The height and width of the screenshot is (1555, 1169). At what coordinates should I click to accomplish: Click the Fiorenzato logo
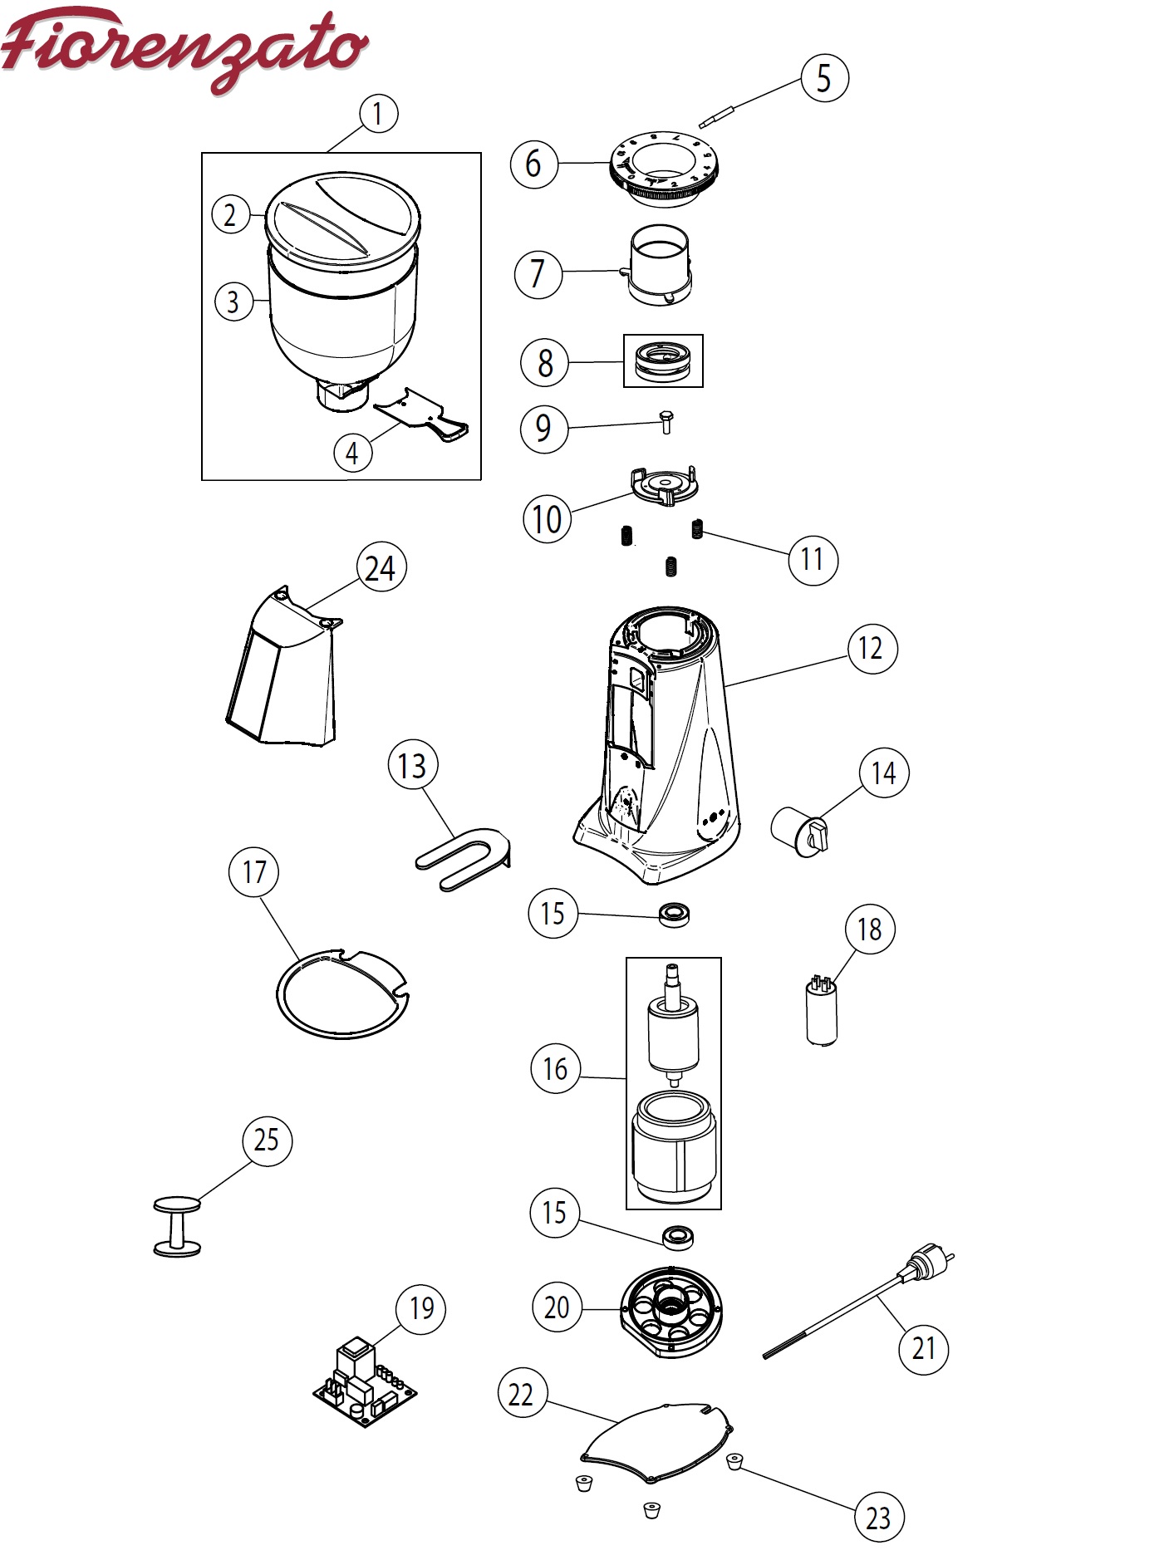(184, 48)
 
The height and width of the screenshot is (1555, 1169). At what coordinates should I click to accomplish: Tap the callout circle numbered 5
(823, 78)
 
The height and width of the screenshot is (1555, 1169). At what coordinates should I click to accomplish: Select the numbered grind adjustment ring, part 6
(661, 169)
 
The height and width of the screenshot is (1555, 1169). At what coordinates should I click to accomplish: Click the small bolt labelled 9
(666, 422)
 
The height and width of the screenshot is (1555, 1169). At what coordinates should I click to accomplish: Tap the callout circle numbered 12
(871, 648)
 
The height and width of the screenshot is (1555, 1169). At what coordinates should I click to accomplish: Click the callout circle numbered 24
(380, 569)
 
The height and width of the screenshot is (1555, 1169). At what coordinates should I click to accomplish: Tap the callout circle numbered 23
(877, 1518)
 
